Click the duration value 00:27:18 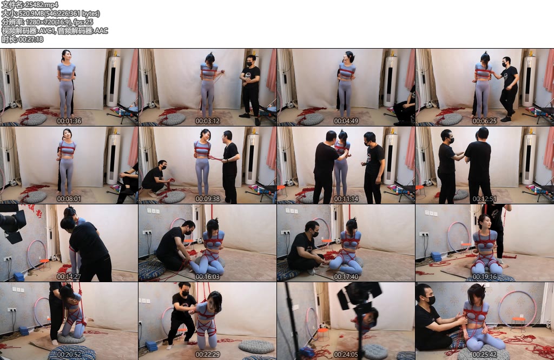point(31,39)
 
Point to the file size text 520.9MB point(31,14)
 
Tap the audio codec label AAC point(101,31)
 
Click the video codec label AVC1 point(45,31)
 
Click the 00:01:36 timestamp point(69,121)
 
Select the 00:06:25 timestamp point(485,121)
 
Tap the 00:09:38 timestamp point(208,199)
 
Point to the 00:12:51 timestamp point(485,199)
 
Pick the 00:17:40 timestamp point(346,277)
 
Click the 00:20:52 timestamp point(69,355)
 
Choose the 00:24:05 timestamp point(346,355)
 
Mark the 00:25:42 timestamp point(485,355)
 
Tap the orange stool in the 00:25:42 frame point(519,323)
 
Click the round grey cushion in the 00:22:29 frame point(256,346)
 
